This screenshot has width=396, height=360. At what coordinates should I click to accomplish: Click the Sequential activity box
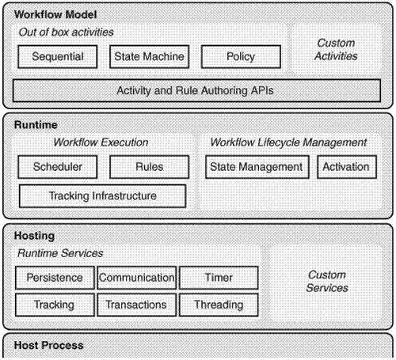[x=56, y=56]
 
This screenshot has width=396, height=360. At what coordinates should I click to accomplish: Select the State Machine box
[x=149, y=56]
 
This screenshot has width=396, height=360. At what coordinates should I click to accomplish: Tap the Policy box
[x=241, y=56]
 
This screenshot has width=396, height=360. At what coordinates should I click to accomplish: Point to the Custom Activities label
[x=336, y=49]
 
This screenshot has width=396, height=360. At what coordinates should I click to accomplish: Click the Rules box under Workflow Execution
[x=149, y=166]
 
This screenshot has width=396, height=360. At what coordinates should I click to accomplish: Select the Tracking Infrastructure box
[x=102, y=195]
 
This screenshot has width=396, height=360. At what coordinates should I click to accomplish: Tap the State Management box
[x=257, y=166]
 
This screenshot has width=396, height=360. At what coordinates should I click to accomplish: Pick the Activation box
[x=346, y=166]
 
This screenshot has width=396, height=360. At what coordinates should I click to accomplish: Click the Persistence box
[x=55, y=278]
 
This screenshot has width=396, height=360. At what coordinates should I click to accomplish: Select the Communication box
[x=137, y=278]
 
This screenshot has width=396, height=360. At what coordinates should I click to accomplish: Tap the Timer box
[x=219, y=278]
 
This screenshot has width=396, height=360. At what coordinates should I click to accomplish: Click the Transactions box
[x=137, y=305]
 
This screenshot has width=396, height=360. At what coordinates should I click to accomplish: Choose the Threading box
[x=219, y=305]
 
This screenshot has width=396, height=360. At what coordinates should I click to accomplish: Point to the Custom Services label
[x=326, y=282]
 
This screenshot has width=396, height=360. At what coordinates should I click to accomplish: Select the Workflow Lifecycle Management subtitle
[x=288, y=142]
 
